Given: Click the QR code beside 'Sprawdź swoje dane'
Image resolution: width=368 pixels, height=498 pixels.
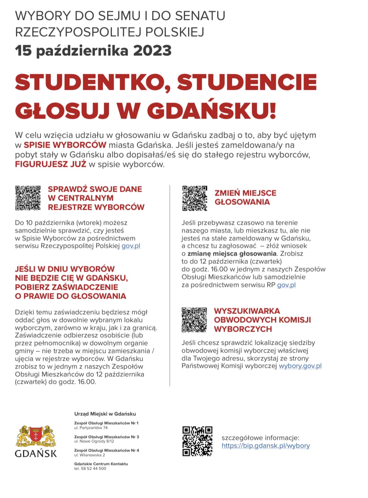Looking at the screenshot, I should click(x=28, y=198).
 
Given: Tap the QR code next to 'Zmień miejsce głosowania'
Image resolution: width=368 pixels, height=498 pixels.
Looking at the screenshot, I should click(x=194, y=198).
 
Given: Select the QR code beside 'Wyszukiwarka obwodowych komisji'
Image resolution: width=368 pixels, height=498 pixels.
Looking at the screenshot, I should click(x=194, y=320).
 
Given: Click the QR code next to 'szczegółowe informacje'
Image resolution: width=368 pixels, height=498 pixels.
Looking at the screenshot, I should click(x=197, y=441).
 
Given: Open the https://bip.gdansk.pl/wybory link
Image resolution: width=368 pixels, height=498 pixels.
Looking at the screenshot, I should click(x=265, y=446).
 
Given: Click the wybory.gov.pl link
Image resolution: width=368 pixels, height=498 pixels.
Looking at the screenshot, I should click(x=300, y=366).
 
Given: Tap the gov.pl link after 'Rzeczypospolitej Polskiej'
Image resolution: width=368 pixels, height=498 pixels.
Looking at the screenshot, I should click(x=131, y=246).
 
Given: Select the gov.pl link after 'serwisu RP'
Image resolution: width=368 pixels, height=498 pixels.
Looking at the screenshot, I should click(x=286, y=285).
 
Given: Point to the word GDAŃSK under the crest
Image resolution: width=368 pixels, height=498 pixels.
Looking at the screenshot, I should click(x=36, y=453).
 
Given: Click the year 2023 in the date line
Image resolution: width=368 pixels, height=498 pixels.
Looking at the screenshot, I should click(x=152, y=50).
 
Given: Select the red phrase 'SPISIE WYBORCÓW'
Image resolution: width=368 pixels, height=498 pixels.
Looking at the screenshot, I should click(x=65, y=145).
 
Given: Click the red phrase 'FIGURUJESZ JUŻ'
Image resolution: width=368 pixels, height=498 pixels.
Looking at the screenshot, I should click(x=50, y=164).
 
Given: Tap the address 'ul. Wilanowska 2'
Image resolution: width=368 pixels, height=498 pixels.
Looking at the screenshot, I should click(x=89, y=455).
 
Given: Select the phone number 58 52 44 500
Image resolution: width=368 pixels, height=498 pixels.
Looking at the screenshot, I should click(x=94, y=468).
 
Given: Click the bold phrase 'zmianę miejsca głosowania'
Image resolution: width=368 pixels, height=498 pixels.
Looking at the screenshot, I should click(x=232, y=254).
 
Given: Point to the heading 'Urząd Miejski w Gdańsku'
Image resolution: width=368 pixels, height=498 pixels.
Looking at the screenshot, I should click(x=105, y=414).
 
